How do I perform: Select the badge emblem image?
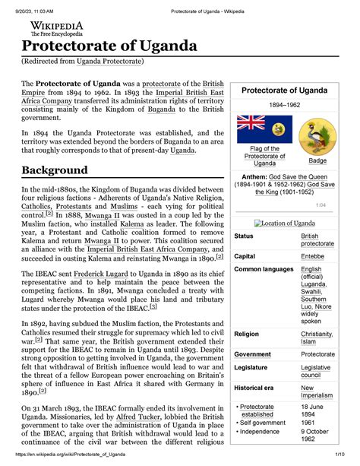312,135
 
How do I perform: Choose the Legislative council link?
316,372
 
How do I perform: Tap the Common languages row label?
264,269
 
